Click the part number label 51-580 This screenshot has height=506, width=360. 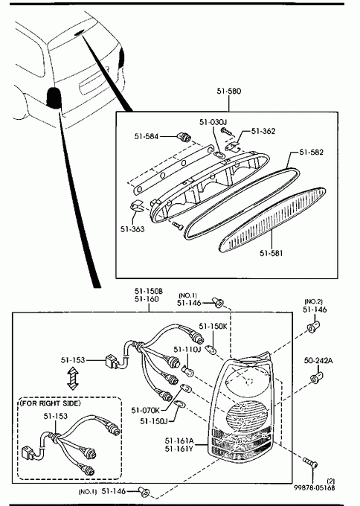[228, 92]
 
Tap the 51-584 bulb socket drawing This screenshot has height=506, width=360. [185, 138]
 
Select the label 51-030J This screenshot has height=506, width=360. [213, 122]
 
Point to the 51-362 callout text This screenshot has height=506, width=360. [263, 131]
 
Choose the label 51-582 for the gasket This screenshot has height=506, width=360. [312, 152]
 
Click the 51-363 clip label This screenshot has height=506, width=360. [132, 229]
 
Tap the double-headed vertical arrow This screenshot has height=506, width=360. [73, 379]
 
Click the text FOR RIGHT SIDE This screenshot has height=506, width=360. [51, 403]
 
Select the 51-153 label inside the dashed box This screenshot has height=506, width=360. [56, 416]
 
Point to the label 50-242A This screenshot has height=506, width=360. [318, 360]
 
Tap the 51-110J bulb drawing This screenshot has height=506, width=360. [188, 371]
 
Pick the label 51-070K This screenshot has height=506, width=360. [145, 410]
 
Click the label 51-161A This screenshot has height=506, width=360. [179, 441]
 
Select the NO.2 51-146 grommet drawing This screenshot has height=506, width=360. [313, 327]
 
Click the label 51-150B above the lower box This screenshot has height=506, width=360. [149, 291]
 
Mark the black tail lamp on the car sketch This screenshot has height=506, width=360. [54, 97]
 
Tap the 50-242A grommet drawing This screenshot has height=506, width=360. [316, 377]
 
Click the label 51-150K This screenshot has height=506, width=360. [213, 326]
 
